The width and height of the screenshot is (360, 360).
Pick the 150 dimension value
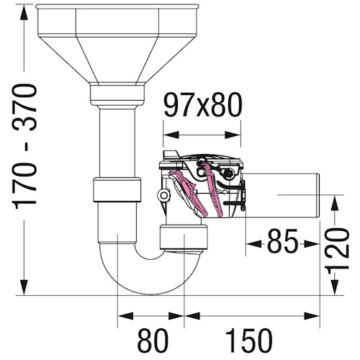(x=252, y=338)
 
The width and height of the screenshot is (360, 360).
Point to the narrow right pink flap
(x=210, y=189)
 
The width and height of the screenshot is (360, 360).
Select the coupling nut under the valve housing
(x=184, y=235)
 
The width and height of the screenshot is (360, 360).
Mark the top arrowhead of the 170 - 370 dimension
(x=25, y=9)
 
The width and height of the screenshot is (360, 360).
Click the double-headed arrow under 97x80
(x=202, y=132)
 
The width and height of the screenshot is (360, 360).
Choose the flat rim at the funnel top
(x=114, y=8)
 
